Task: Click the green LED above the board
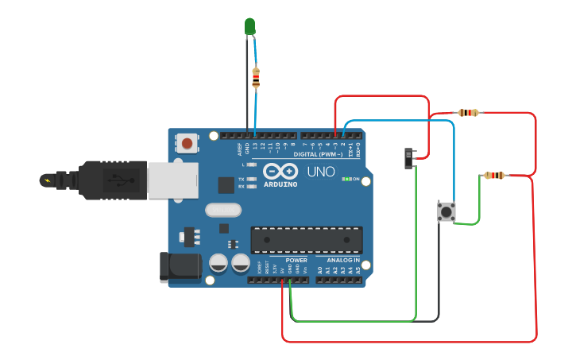(249, 26)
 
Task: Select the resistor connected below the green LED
(255, 77)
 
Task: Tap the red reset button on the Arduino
(187, 144)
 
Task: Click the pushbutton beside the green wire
(446, 211)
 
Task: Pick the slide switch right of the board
(410, 157)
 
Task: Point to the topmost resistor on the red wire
(468, 113)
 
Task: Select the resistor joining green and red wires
(494, 175)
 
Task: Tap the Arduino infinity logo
(280, 172)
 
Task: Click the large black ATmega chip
(307, 239)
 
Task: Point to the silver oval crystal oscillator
(222, 211)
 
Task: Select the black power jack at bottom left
(180, 268)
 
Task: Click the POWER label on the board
(296, 260)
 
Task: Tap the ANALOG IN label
(342, 260)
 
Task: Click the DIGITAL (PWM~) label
(317, 154)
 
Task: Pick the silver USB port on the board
(170, 180)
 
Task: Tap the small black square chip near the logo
(226, 184)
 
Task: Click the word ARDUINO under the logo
(280, 184)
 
